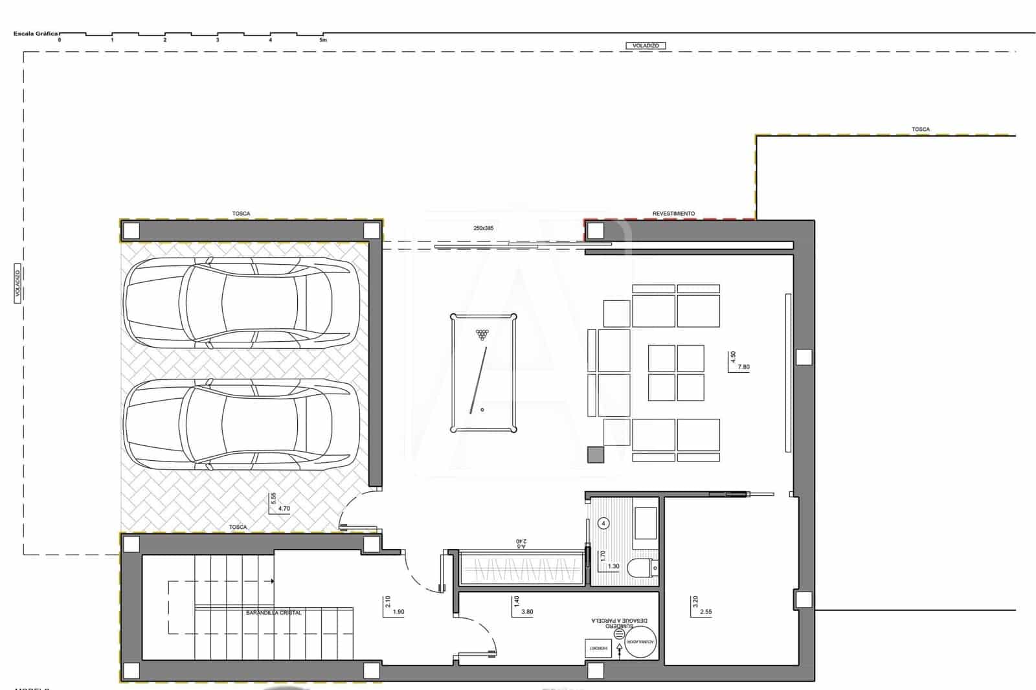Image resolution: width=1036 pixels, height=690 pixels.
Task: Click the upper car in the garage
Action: [241, 302]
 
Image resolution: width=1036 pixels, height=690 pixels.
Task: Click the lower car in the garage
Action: [241, 425]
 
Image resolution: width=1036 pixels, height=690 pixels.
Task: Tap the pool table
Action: [484, 373]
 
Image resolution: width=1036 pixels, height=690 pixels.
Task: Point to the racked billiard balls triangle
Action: [482, 335]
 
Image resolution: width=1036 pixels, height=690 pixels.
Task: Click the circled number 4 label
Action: [603, 523]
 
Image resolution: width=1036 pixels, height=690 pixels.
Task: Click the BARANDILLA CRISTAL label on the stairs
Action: [273, 612]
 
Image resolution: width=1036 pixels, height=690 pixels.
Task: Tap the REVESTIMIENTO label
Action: [673, 214]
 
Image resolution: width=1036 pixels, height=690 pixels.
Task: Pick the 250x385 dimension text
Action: [483, 228]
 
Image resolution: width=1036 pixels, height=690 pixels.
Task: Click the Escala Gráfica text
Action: [35, 33]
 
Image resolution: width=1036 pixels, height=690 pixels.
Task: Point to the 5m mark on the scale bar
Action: [323, 40]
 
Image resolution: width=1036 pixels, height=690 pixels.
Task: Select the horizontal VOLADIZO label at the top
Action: [646, 46]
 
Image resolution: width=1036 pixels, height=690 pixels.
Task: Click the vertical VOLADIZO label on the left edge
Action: [18, 284]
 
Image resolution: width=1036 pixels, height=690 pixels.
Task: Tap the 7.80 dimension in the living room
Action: [743, 367]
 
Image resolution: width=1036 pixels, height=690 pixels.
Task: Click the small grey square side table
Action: [595, 455]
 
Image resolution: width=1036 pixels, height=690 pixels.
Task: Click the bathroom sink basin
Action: [645, 523]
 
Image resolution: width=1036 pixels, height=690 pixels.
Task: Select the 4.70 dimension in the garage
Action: [284, 509]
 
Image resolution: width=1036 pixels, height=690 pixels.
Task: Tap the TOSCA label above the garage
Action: [241, 214]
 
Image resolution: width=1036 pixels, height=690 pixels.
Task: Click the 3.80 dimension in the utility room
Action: [527, 612]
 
